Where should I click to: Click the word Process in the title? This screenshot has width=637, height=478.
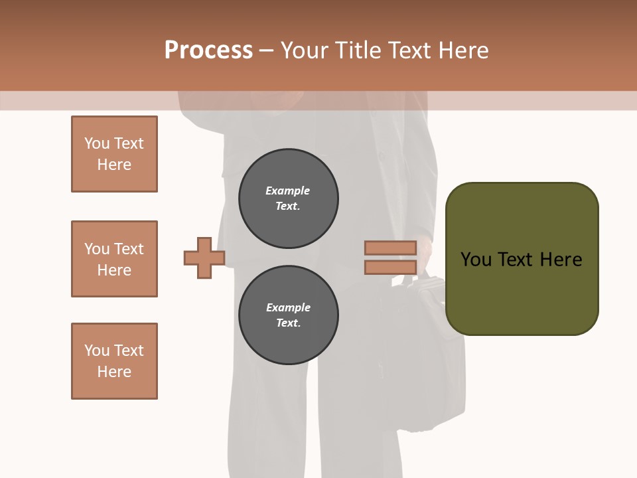[208, 50]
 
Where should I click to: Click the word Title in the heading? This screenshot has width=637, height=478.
[358, 50]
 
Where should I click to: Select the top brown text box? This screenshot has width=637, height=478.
[114, 154]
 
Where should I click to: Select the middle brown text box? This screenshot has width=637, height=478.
[114, 259]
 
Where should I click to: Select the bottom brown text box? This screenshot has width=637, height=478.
[114, 361]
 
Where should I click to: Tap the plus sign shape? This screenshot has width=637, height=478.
[204, 258]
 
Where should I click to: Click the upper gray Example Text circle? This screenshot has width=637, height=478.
[288, 199]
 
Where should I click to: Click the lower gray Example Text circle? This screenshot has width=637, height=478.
[288, 315]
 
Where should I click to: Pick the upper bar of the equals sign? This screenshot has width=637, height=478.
[390, 248]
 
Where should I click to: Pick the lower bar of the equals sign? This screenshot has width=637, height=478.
[390, 268]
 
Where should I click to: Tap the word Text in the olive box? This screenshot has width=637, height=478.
[517, 260]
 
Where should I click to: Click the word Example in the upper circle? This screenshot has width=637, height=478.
[287, 191]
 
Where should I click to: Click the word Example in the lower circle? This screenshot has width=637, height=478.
[288, 308]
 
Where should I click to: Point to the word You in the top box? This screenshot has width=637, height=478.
[97, 144]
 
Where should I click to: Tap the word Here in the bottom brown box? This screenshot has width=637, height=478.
[114, 372]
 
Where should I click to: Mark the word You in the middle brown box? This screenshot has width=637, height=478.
[97, 249]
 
